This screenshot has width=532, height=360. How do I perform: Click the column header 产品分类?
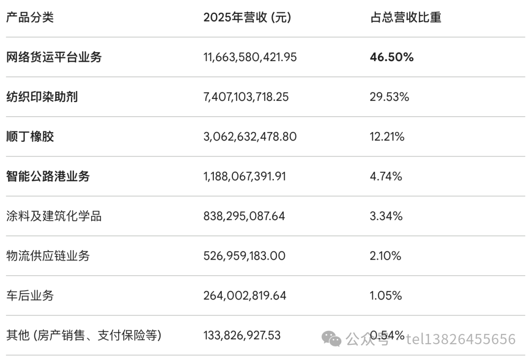tap(30, 17)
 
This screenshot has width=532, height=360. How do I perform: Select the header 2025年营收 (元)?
tap(247, 17)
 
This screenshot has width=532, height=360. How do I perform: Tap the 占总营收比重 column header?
tap(405, 17)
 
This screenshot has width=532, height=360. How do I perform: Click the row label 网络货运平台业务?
tap(54, 57)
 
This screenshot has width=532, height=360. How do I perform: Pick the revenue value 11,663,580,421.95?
tap(250, 57)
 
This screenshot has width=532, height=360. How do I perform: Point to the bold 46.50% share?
tap(392, 57)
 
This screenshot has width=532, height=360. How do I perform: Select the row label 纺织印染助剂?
tap(42, 97)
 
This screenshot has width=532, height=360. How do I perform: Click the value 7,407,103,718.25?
tap(246, 97)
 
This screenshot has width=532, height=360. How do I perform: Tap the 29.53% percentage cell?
tap(390, 97)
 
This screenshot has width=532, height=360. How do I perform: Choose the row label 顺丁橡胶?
tap(30, 136)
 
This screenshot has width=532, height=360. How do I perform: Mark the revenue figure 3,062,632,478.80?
tap(250, 136)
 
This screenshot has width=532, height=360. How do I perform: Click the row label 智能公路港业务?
tap(48, 176)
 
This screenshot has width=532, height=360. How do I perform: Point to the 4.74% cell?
tap(386, 176)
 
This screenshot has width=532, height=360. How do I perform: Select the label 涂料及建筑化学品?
tap(54, 216)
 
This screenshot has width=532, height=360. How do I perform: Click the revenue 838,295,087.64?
tap(244, 216)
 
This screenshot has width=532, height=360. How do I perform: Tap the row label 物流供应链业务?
tap(48, 256)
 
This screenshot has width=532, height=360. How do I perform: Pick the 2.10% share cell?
tap(385, 256)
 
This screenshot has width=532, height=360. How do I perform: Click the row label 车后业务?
tap(30, 295)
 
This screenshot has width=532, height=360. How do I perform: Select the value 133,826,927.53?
tap(242, 335)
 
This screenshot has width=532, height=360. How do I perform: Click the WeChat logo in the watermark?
tap(331, 339)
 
